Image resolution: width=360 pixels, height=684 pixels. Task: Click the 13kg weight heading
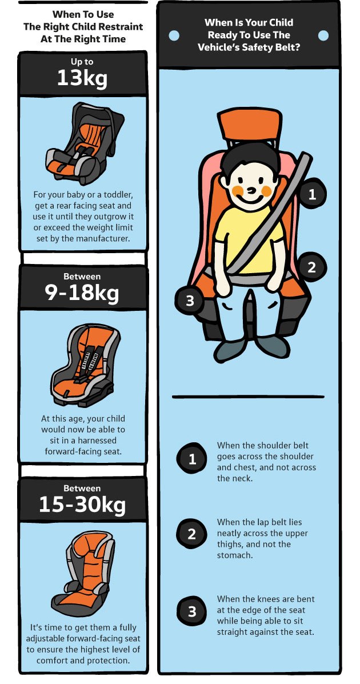tap(82, 78)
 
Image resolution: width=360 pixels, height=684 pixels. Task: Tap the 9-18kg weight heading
tap(82, 294)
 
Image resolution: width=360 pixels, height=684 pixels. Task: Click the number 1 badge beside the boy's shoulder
tap(312, 194)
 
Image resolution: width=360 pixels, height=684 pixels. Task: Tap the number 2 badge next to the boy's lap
tap(311, 267)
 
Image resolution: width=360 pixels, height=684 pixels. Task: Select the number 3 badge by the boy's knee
tap(190, 301)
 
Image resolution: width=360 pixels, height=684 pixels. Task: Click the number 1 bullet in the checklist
tap(192, 459)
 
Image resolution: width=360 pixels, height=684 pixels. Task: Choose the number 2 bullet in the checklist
tap(192, 534)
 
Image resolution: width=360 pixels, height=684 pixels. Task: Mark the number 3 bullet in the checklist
tap(192, 611)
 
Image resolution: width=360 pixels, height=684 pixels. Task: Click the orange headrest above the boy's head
tap(249, 125)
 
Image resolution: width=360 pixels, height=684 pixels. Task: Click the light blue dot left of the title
tap(174, 35)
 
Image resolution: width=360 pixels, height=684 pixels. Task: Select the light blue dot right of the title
tap(323, 35)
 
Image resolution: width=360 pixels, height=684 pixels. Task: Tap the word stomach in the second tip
tap(234, 555)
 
